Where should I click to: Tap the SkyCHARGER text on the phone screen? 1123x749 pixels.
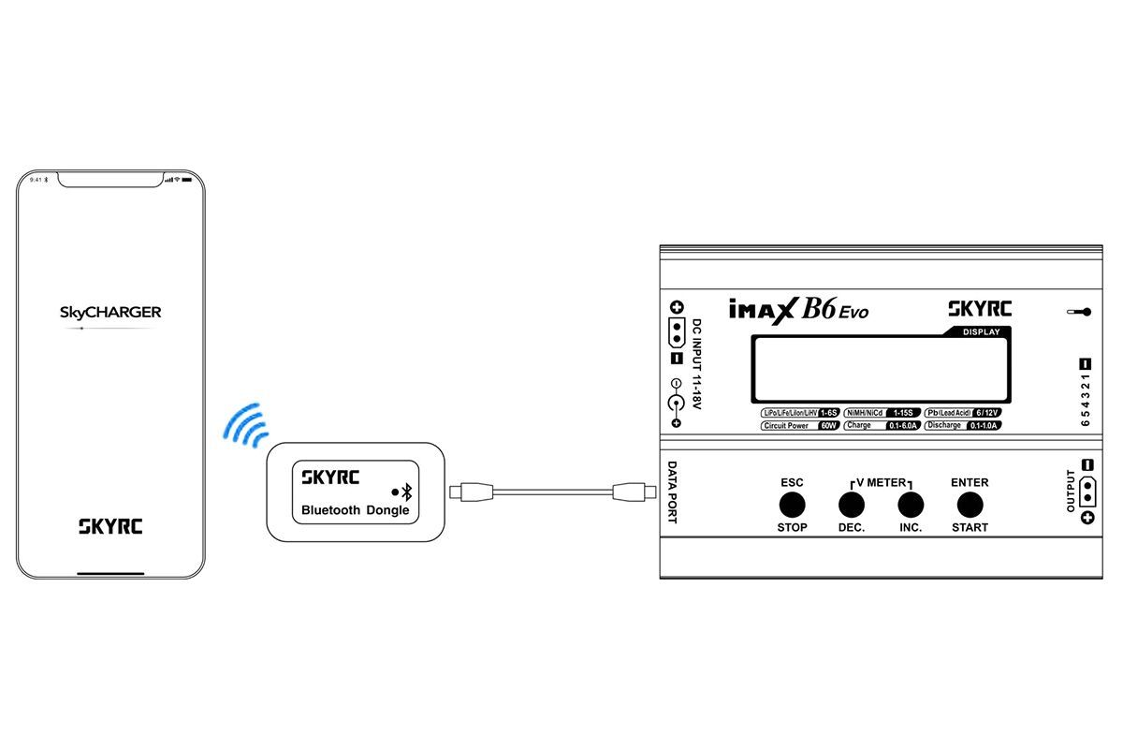[111, 312]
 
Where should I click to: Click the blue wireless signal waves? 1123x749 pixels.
[244, 424]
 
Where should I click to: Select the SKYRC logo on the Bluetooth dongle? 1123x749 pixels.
[330, 476]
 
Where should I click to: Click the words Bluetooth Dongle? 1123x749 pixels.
[356, 511]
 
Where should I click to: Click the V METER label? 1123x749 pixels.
[880, 483]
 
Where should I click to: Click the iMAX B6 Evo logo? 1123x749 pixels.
[797, 310]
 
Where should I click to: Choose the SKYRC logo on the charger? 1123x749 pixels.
[980, 309]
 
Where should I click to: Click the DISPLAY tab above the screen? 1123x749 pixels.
[981, 332]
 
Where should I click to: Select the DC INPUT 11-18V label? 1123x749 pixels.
[695, 365]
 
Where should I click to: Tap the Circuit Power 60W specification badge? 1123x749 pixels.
[800, 426]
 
